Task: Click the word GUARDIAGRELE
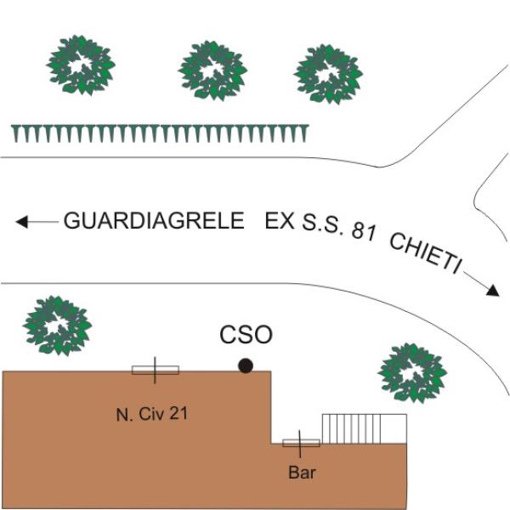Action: [154, 220]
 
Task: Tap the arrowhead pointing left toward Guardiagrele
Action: [22, 222]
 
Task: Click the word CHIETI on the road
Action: [426, 253]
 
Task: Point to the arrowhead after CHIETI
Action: [492, 291]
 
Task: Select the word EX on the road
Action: [280, 220]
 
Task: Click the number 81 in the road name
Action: [364, 230]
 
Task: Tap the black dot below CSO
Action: [246, 365]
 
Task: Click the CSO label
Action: [246, 335]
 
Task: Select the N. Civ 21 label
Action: [152, 415]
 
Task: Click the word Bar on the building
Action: [302, 473]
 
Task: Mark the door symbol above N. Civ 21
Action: [156, 370]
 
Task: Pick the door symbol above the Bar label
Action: [301, 444]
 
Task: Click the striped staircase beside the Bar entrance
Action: [365, 428]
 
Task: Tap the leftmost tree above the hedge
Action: [81, 65]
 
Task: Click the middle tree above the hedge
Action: [212, 71]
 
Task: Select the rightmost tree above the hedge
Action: [328, 74]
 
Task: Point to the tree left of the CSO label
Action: [57, 326]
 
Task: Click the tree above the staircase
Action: [412, 373]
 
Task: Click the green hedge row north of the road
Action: [160, 133]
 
